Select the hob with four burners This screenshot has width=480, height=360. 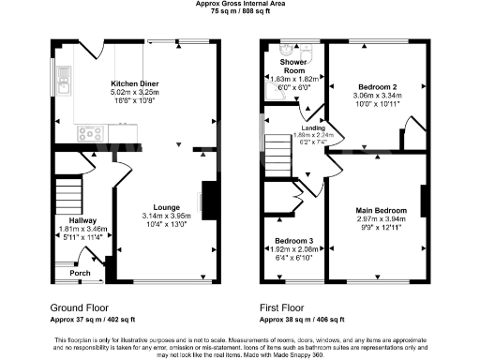(93, 133)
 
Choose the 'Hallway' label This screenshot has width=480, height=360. (70, 220)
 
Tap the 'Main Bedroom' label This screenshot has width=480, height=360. (381, 210)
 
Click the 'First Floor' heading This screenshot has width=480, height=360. (282, 307)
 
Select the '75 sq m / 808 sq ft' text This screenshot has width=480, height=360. (240, 11)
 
